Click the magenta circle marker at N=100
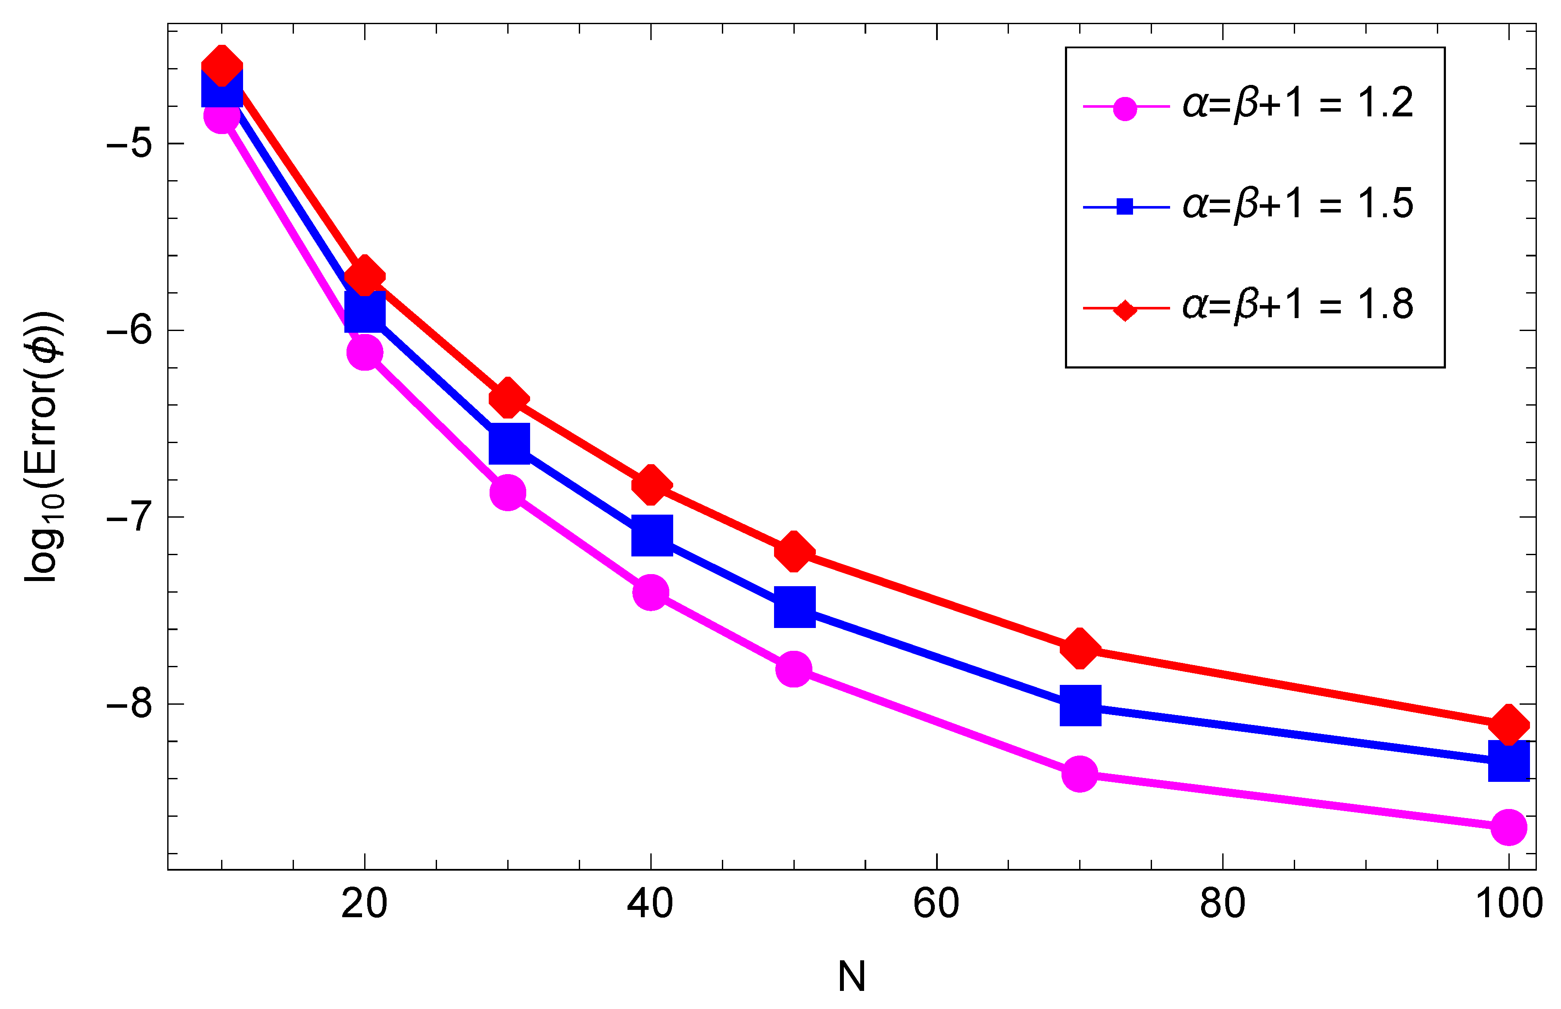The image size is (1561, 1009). point(1508,827)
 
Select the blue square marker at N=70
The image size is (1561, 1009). point(1080,706)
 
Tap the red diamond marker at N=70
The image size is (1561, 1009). point(1080,648)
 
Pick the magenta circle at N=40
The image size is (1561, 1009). point(650,592)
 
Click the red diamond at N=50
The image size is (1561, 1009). point(794,550)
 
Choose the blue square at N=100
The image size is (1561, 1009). point(1508,761)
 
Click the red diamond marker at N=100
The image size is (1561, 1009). point(1508,725)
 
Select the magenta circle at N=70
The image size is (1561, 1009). point(1080,774)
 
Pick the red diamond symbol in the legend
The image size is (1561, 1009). point(1125,309)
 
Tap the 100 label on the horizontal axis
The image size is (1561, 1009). point(1508,904)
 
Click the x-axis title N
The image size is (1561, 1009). point(852,976)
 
